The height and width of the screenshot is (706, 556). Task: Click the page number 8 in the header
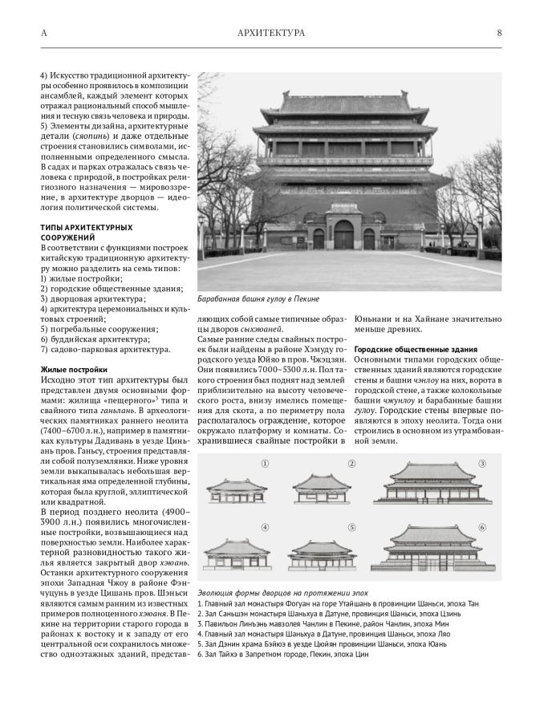[x=499, y=33]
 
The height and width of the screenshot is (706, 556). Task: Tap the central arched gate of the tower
[x=343, y=234]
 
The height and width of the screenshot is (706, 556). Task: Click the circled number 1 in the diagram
[x=264, y=464]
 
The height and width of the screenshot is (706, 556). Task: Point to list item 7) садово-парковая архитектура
[x=105, y=349]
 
